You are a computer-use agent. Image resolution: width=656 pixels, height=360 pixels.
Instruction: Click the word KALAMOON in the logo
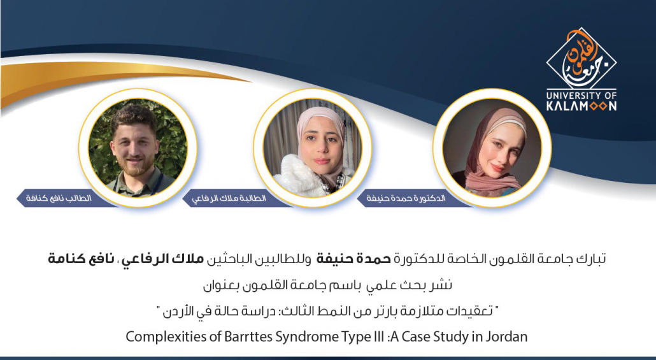tap(581, 106)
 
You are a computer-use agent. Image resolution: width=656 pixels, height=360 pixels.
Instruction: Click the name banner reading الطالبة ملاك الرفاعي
tap(232, 198)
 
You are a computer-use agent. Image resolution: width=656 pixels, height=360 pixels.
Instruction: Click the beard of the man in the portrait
tap(134, 165)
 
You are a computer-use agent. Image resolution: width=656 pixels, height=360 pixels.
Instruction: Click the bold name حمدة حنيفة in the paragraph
tap(353, 259)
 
